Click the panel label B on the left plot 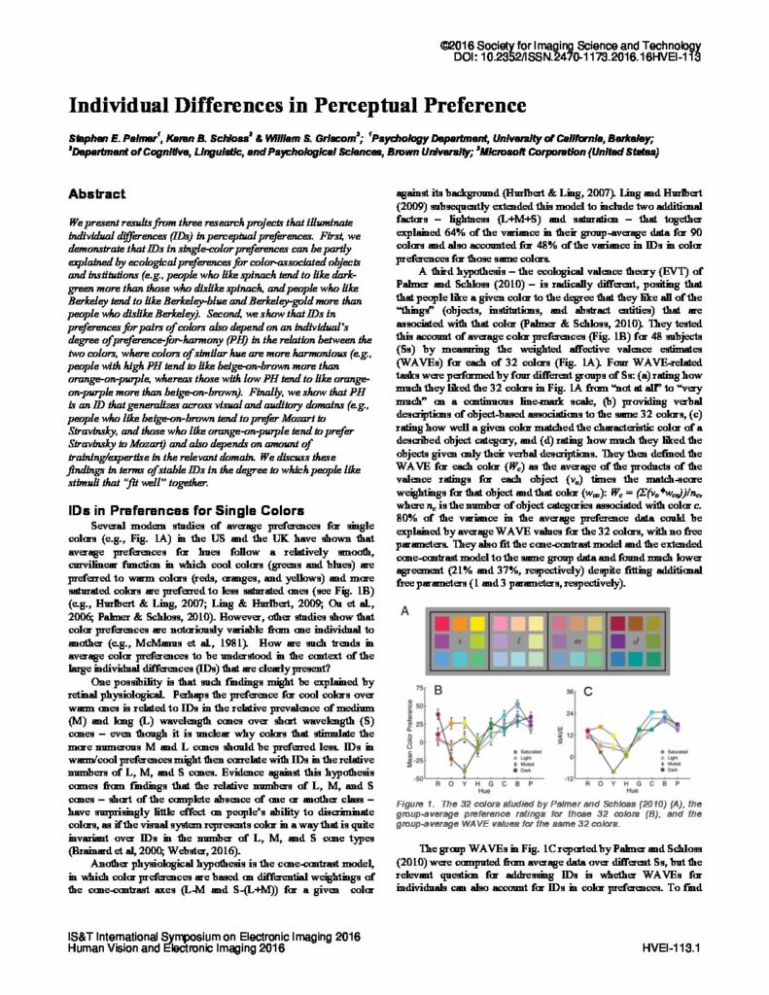(x=438, y=693)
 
